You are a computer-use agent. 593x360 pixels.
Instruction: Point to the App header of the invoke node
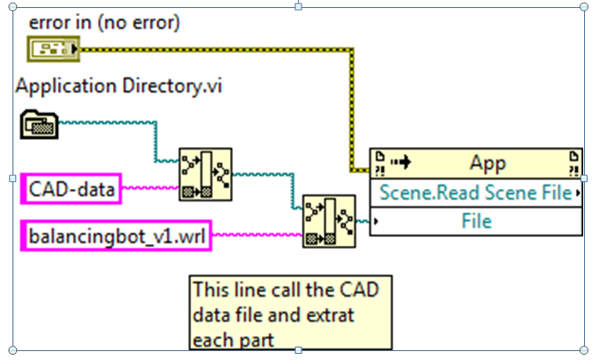[487, 163]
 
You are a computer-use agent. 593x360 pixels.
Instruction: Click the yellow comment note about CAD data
[289, 313]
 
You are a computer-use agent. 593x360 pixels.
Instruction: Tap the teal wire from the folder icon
[107, 122]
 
